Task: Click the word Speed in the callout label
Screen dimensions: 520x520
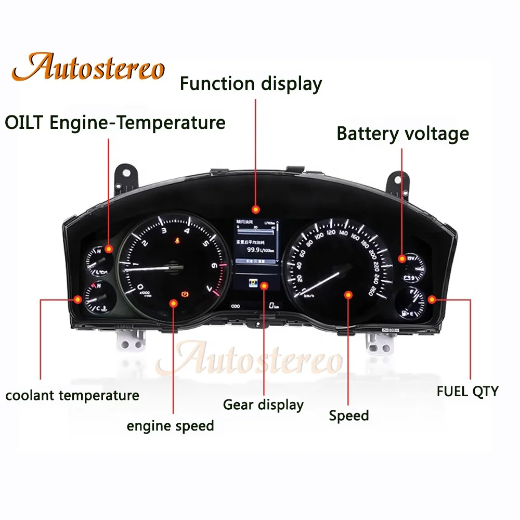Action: (349, 416)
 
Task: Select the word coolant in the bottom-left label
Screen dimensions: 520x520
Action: (30, 395)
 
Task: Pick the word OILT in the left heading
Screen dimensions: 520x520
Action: (23, 123)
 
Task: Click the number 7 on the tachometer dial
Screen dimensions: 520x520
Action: (209, 288)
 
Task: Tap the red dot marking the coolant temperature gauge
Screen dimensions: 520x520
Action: (78, 299)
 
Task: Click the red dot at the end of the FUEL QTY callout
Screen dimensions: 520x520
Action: (432, 299)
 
